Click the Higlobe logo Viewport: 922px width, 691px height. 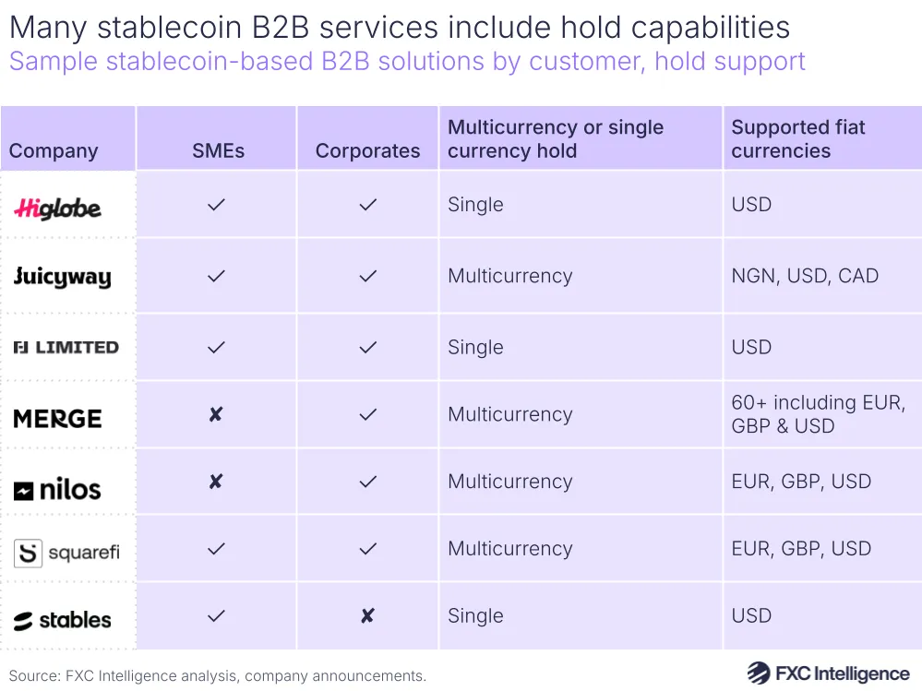pos(57,208)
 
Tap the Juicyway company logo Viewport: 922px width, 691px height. pos(62,277)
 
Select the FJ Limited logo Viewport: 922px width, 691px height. pos(66,347)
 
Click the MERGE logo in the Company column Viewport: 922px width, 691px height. pos(57,418)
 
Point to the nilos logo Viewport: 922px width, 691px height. pos(57,490)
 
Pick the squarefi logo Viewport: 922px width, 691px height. pos(66,553)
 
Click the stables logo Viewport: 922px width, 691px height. pos(63,620)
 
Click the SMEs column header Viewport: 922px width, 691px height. pos(218,151)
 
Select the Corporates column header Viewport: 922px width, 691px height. pos(367,151)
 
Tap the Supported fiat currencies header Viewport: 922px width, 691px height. pos(798,139)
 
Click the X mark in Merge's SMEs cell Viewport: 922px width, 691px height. pos(216,415)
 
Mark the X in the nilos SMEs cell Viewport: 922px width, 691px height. pos(216,482)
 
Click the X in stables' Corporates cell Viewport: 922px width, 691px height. pos(367,615)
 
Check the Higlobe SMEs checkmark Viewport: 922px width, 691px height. pos(216,205)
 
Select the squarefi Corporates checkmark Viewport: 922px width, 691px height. pos(367,549)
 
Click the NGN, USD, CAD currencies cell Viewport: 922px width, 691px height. pos(805,276)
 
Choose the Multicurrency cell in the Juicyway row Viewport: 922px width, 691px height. pos(509,276)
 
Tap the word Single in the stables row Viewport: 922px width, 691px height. pos(475,615)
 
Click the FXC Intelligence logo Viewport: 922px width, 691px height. pos(828,673)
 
